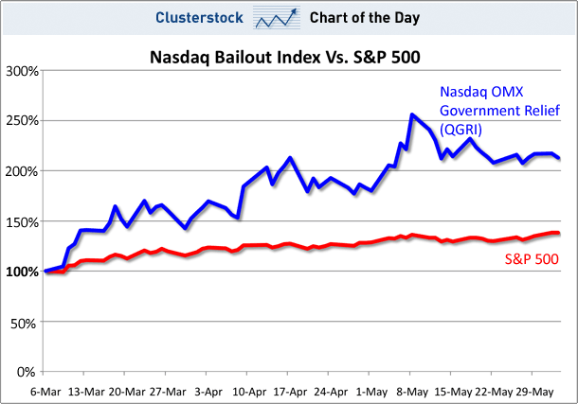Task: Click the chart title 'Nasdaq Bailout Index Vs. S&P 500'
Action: click(x=285, y=57)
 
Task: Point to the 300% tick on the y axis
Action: click(x=21, y=71)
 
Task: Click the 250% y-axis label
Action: click(x=21, y=121)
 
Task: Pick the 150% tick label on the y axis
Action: click(x=21, y=221)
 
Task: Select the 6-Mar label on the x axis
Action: click(x=45, y=389)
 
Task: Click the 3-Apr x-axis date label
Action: click(x=208, y=389)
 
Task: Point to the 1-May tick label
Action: click(x=370, y=389)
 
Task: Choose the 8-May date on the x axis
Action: click(x=410, y=389)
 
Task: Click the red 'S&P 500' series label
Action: click(x=531, y=258)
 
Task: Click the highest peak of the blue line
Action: click(x=411, y=115)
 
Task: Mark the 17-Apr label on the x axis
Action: click(x=288, y=389)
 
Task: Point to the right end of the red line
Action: click(x=559, y=233)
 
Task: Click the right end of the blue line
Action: click(x=559, y=158)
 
